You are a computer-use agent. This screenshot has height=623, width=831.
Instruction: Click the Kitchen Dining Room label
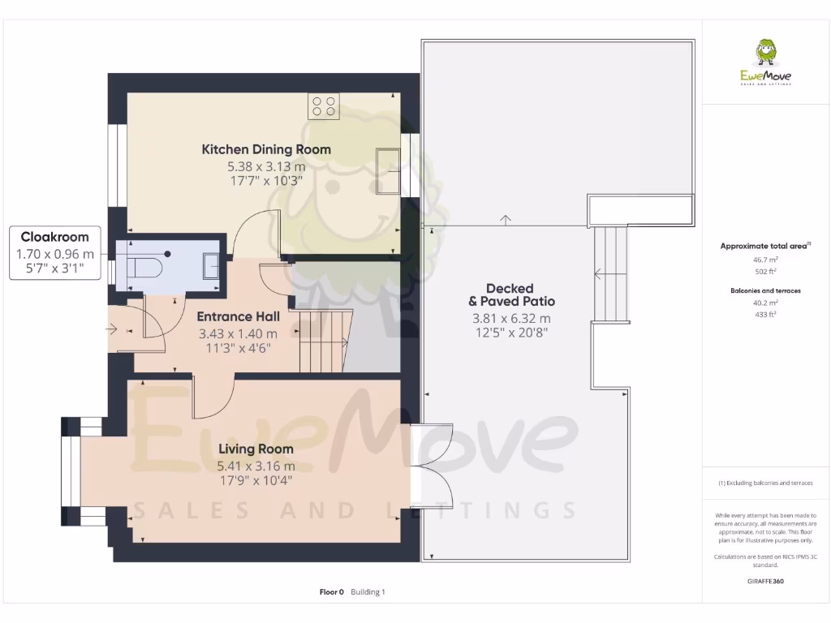(x=266, y=149)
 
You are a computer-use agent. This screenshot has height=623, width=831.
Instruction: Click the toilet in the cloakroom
(x=146, y=266)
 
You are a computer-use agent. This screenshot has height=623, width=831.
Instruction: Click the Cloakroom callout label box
(x=55, y=253)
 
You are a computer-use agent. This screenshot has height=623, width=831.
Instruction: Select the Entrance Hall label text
(x=238, y=316)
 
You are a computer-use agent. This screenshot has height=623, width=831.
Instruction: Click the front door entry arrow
(x=112, y=329)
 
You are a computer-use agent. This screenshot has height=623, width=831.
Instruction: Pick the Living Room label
(x=256, y=449)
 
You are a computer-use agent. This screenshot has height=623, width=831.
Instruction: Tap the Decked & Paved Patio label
(x=510, y=294)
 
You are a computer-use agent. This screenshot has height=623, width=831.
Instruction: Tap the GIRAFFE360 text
(x=765, y=582)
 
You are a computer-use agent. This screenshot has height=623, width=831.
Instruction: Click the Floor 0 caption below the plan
(x=332, y=592)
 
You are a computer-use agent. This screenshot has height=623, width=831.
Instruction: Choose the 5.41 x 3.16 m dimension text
(x=256, y=466)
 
